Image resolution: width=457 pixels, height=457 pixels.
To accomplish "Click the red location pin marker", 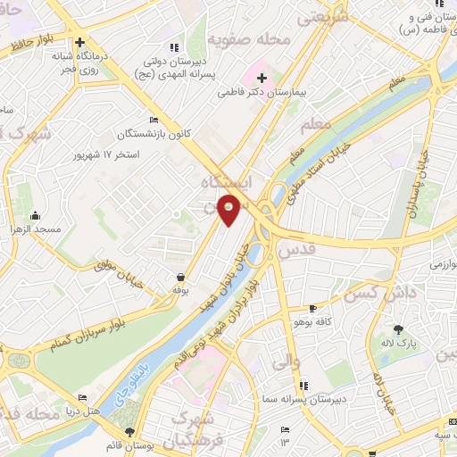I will (x=230, y=212).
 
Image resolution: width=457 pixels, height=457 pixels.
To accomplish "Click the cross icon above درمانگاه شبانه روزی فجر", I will (x=80, y=41).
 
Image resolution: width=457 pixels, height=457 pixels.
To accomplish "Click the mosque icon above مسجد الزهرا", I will (x=34, y=215).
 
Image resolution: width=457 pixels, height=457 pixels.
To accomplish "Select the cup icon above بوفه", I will (x=181, y=278).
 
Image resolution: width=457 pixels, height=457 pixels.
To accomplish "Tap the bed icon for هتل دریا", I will (x=84, y=397).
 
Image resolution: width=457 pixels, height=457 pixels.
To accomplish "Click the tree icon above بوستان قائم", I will (x=129, y=431).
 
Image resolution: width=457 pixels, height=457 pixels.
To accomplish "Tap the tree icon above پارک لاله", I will (x=398, y=329).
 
